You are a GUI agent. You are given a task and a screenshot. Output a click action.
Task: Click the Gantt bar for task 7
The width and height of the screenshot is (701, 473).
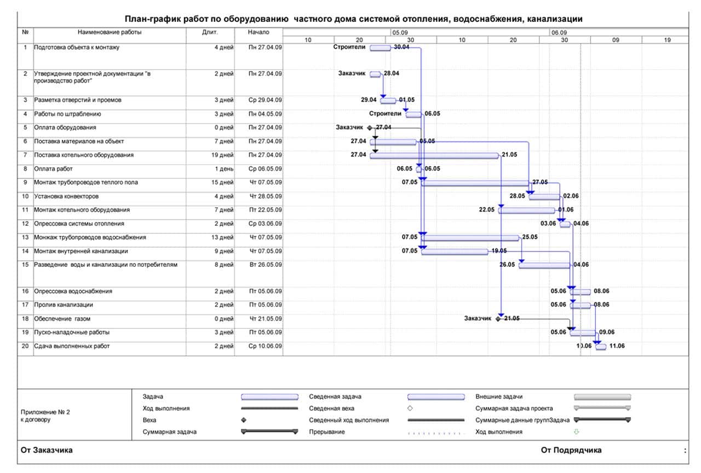pos(434,156)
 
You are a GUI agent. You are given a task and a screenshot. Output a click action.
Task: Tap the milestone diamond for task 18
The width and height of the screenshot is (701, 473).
pos(498,319)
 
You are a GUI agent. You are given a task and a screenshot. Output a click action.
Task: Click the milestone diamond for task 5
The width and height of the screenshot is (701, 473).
pos(370,128)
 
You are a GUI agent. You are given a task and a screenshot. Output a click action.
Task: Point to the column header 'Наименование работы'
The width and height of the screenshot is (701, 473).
pos(110,32)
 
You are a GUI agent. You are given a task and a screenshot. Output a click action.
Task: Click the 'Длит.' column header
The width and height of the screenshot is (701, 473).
pos(210,32)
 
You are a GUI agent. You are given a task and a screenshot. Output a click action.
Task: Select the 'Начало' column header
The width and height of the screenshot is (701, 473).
pos(258,32)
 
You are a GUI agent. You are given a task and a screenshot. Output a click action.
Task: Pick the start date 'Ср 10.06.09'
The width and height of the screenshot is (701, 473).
pos(265,346)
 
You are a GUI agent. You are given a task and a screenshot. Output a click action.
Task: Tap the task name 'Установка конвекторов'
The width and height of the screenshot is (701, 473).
pos(66,196)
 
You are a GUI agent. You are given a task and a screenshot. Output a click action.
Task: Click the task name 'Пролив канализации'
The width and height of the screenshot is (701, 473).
pos(63,305)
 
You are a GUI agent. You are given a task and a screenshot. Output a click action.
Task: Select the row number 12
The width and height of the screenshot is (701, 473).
pos(25,224)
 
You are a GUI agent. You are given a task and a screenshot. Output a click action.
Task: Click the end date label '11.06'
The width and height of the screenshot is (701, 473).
pos(617,346)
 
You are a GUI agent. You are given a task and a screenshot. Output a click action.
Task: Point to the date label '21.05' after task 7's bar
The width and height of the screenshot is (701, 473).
pos(509,155)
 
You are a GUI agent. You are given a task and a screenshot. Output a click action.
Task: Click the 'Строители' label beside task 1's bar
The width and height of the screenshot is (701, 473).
pos(349,47)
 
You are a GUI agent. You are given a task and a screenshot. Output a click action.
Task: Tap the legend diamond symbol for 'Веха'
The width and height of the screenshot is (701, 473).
pos(244,420)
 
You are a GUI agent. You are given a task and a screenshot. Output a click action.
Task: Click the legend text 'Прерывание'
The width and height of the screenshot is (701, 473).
pos(327,432)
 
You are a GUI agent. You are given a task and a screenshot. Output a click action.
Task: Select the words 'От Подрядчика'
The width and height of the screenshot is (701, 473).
pos(571,451)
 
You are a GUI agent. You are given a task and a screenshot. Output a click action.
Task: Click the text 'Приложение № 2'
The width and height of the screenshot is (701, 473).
pos(45,412)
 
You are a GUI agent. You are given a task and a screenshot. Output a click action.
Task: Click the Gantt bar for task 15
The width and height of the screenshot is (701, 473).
pos(544,266)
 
